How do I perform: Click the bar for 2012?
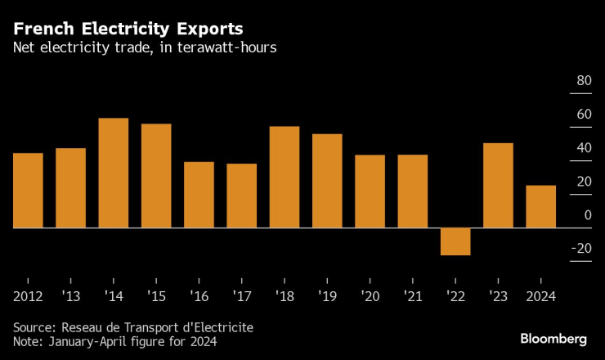click(x=28, y=190)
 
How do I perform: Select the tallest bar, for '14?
click(x=113, y=173)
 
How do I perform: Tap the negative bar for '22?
click(x=455, y=241)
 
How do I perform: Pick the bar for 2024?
click(x=540, y=206)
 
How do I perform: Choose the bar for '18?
click(x=284, y=177)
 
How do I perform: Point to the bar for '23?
click(x=498, y=185)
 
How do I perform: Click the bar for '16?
click(x=199, y=195)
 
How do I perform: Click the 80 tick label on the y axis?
click(x=584, y=81)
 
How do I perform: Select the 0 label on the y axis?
click(x=588, y=215)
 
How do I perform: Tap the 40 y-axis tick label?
click(x=584, y=148)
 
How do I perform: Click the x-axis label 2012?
click(x=28, y=296)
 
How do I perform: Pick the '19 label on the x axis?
click(x=326, y=296)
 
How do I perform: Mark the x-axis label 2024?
click(x=540, y=296)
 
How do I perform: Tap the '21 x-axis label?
click(x=412, y=296)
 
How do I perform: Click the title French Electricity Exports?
click(x=128, y=28)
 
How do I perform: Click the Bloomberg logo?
click(x=554, y=339)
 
